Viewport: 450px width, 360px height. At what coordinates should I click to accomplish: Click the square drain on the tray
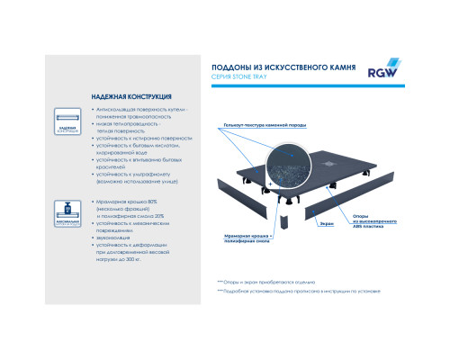330,162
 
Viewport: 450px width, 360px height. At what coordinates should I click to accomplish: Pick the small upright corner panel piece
284,220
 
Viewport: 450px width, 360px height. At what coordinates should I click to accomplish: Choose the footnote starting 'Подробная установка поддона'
296,292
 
